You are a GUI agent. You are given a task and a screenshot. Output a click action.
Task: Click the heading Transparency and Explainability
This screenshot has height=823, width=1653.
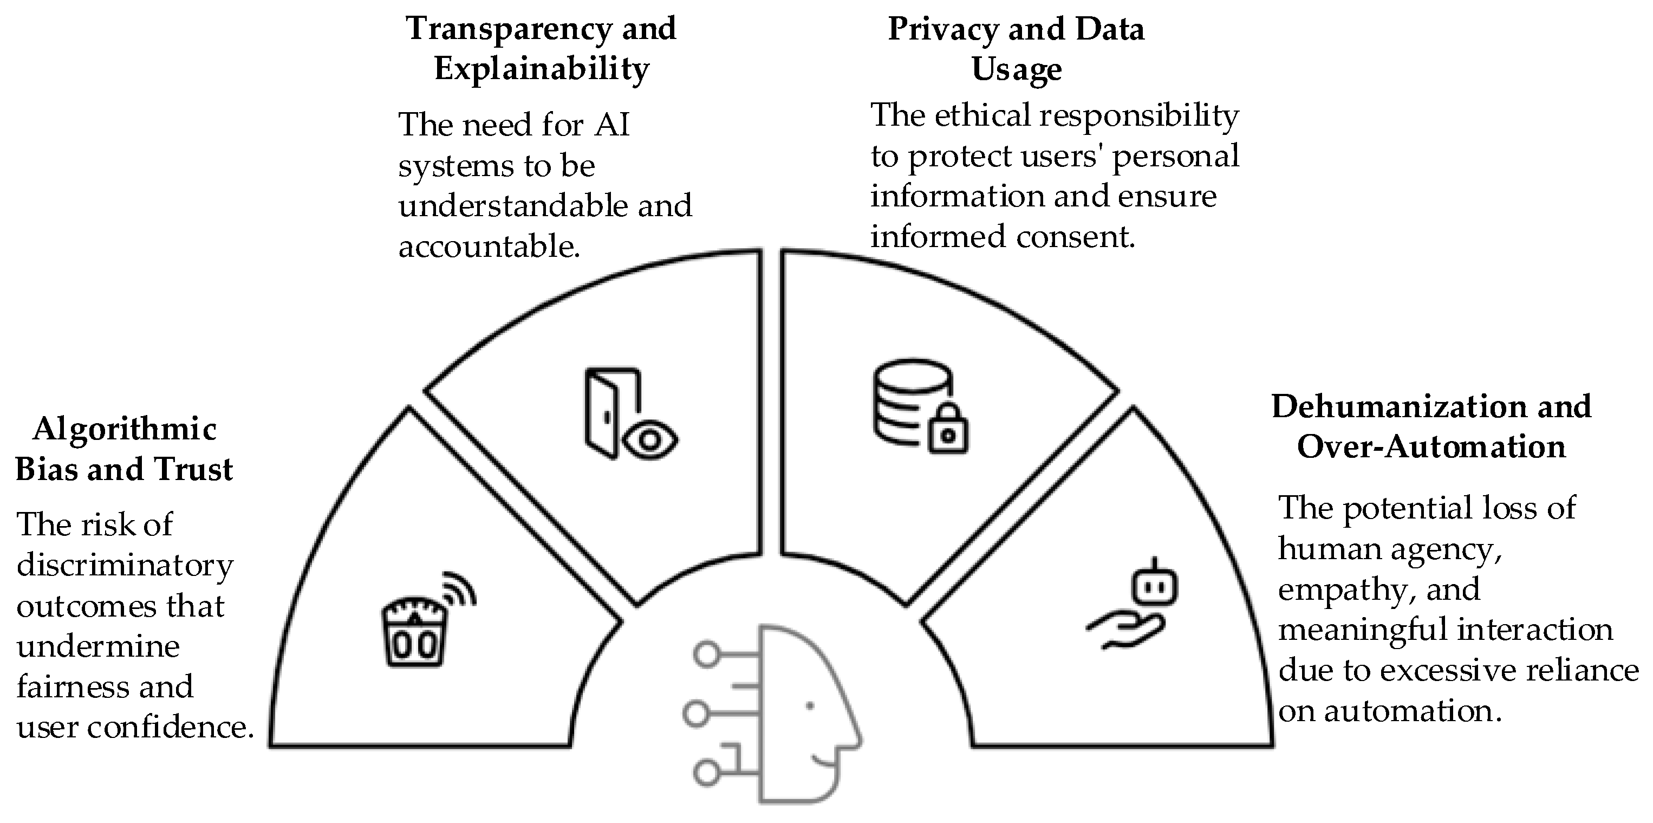[542, 49]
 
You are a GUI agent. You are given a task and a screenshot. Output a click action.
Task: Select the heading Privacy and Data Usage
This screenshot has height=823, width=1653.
[1017, 49]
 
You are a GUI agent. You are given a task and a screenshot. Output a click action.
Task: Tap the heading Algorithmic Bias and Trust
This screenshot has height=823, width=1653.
[124, 449]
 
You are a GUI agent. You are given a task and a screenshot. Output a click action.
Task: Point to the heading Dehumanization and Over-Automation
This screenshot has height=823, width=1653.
[1431, 427]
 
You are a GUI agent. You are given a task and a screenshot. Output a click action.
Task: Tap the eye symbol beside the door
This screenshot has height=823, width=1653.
[650, 440]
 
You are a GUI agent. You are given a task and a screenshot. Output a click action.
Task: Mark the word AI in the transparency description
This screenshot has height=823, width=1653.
[612, 125]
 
